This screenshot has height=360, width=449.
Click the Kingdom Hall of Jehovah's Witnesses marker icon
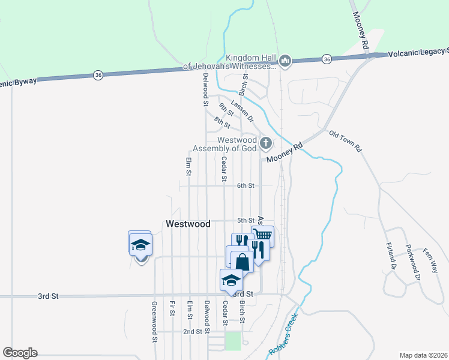[x=285, y=61]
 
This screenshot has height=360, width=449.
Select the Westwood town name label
[x=188, y=224]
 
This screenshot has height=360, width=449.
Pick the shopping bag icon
[x=242, y=262]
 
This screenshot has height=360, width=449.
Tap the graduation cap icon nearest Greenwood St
[x=140, y=245]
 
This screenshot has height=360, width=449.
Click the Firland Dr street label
[x=393, y=257]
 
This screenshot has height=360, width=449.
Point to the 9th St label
[x=226, y=109]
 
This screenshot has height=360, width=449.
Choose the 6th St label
[x=246, y=186]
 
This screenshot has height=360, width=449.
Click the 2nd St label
[x=193, y=331]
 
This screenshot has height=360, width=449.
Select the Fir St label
[x=172, y=308]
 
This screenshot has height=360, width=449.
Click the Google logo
[x=20, y=353]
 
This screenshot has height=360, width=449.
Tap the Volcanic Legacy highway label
[x=418, y=53]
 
